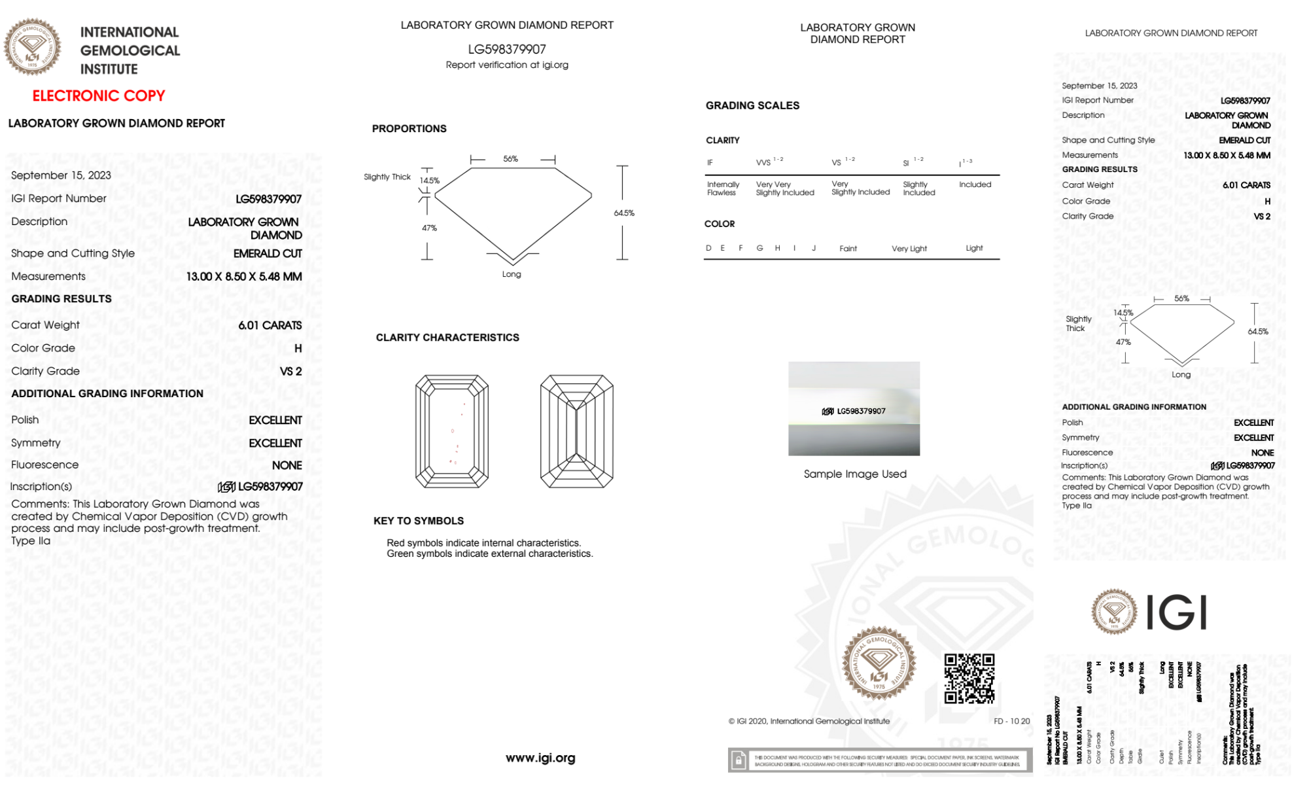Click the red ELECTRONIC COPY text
coord(99,96)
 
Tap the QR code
coord(969,678)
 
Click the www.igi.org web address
coord(540,758)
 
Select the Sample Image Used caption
coord(855,474)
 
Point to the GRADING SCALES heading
coord(752,105)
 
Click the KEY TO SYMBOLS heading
coord(419,521)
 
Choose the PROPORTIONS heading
coord(410,129)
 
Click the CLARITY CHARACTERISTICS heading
coord(447,338)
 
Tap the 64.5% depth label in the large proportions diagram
coord(624,213)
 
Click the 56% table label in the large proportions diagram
coord(511,159)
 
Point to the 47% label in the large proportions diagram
coord(429,228)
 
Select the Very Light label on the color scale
coord(909,249)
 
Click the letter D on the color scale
coord(708,248)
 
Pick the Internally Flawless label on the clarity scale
coord(723,188)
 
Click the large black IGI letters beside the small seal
coord(1177,612)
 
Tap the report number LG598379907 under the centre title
coord(507,49)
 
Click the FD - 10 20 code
coord(1011,721)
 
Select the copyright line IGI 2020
coord(809,721)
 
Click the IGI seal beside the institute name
coord(32,47)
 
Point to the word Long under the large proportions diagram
coord(512,274)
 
